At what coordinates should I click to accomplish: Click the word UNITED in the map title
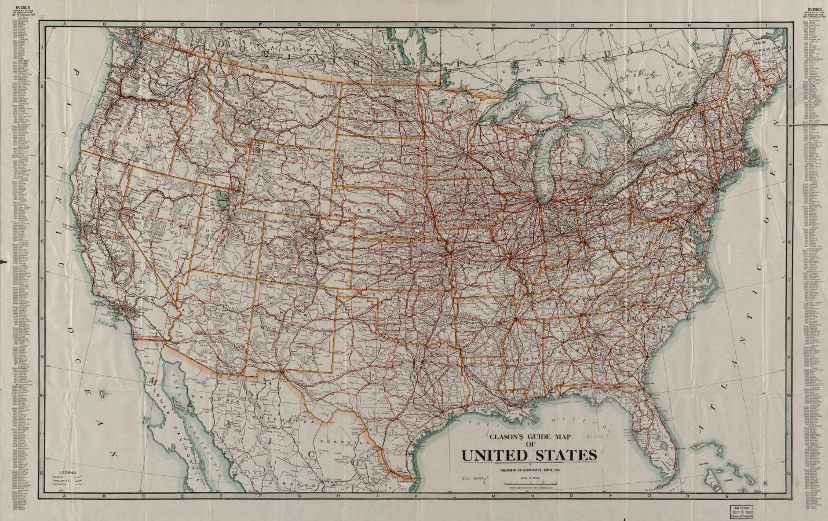pyautogui.click(x=493, y=455)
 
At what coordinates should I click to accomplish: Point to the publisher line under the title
pyautogui.click(x=529, y=469)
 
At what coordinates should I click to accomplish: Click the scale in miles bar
pyautogui.click(x=529, y=484)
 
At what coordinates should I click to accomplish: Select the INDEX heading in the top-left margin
pyautogui.click(x=24, y=9)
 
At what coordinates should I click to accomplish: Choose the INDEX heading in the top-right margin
pyautogui.click(x=814, y=9)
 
